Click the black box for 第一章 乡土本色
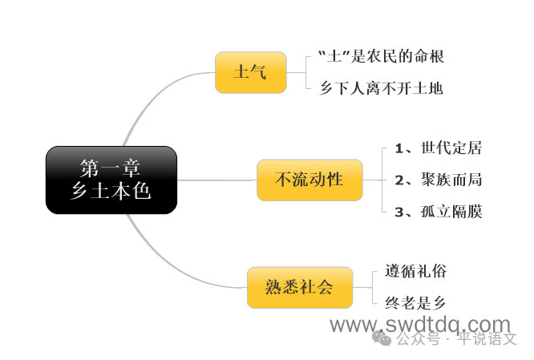tap(111, 180)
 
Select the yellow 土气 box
tap(251, 72)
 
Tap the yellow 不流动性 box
tap(309, 180)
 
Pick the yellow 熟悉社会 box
tap(300, 288)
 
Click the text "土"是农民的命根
tap(381, 57)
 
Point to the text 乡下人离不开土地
tap(382, 88)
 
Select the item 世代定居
tap(451, 148)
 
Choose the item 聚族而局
tap(451, 180)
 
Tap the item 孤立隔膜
tap(451, 212)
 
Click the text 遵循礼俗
tap(416, 272)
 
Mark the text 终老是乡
tap(415, 303)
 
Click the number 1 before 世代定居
tap(399, 148)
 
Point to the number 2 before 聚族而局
tap(399, 180)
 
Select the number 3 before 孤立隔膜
tap(399, 212)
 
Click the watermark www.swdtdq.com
tap(420, 325)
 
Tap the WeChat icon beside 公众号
tap(382, 338)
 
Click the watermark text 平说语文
tap(487, 338)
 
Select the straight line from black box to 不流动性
tap(217, 180)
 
